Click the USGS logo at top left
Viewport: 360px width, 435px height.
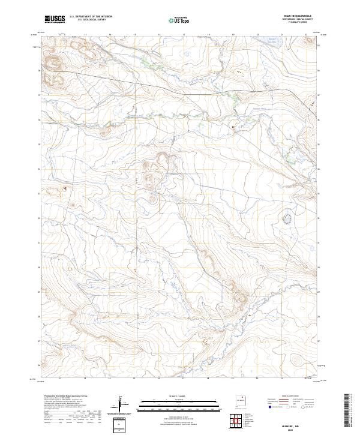click(55, 20)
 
